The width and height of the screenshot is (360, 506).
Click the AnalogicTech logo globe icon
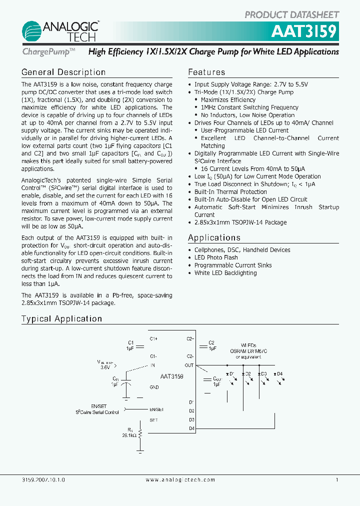point(33,32)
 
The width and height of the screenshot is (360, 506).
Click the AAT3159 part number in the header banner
point(304,31)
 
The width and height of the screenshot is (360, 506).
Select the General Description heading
point(63,72)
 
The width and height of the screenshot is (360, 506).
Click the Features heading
point(206,72)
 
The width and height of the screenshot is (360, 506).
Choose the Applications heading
point(214,237)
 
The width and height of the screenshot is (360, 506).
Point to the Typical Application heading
point(61,319)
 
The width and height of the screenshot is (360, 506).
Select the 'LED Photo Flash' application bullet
point(216,257)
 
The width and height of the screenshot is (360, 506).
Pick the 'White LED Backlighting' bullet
point(225,273)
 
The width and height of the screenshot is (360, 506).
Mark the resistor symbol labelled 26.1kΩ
point(140,433)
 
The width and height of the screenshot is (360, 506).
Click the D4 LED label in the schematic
point(279,374)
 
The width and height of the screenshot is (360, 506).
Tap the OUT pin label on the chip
point(189,365)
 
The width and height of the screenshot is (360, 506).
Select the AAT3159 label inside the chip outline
point(171,375)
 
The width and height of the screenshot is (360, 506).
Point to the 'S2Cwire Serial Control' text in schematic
point(97,412)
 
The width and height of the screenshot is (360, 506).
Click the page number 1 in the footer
point(337,479)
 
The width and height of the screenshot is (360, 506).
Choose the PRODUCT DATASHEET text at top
point(291,15)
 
